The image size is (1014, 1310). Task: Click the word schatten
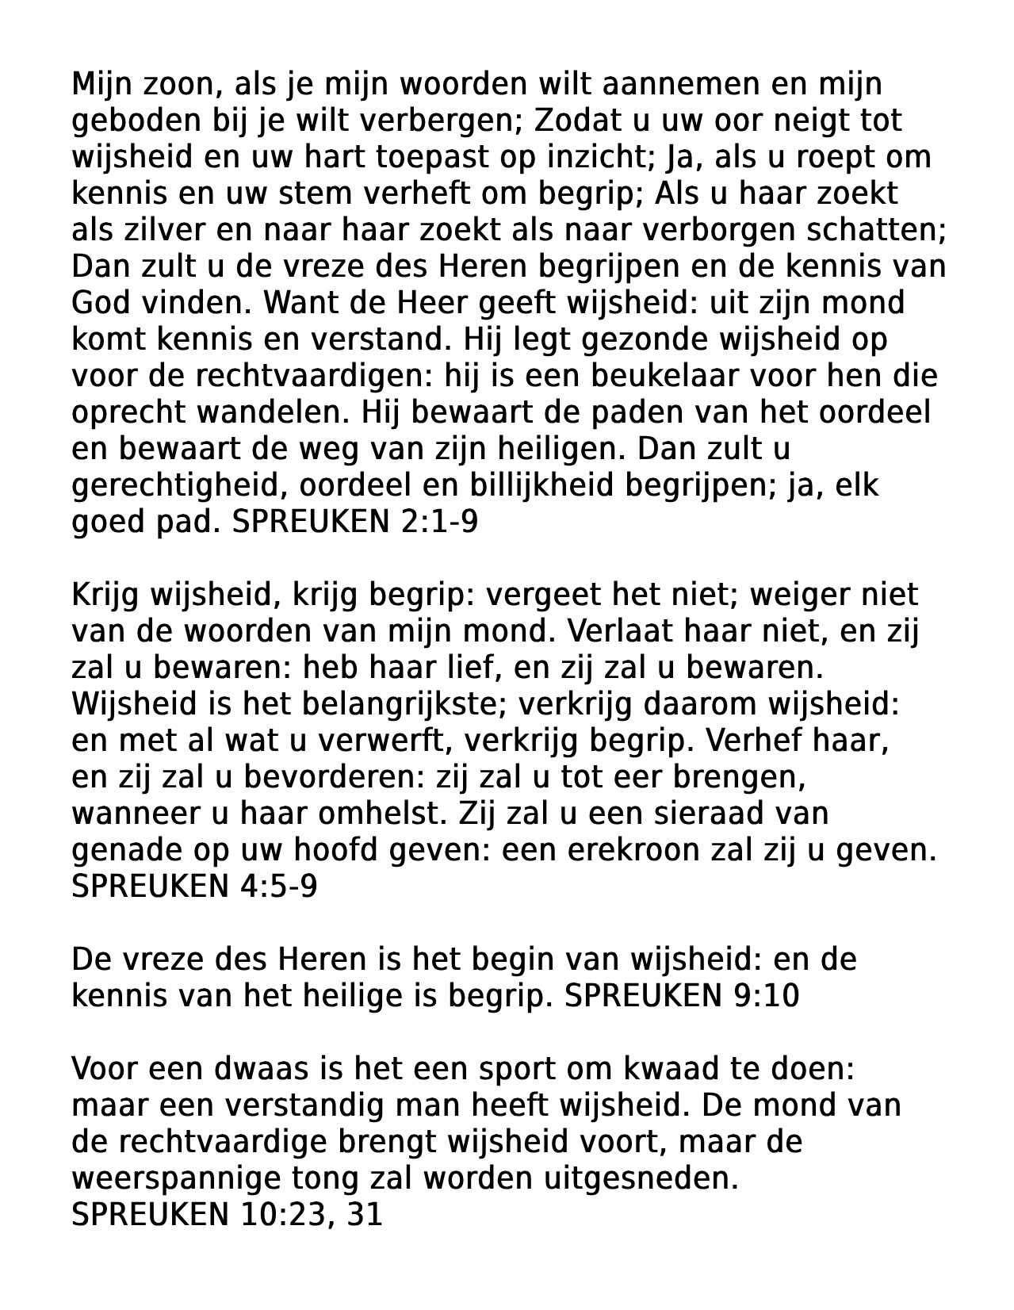click(x=876, y=230)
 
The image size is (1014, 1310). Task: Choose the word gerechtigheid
click(x=178, y=485)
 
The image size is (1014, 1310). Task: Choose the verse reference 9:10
click(x=762, y=996)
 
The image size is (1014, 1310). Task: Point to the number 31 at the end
click(x=365, y=1215)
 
